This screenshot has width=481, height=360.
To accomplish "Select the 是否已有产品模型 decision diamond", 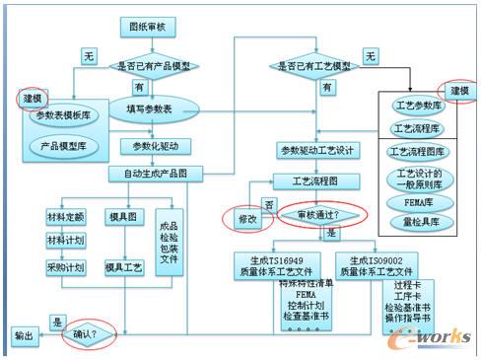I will click(x=149, y=66).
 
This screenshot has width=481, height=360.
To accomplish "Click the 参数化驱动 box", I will click(x=149, y=146).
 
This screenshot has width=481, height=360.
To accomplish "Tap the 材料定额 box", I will click(x=65, y=216).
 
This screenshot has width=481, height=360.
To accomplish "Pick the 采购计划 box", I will click(x=65, y=267).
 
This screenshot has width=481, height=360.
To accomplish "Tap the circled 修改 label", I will click(x=245, y=219).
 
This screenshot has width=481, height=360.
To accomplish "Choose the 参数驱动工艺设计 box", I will click(x=315, y=150).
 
